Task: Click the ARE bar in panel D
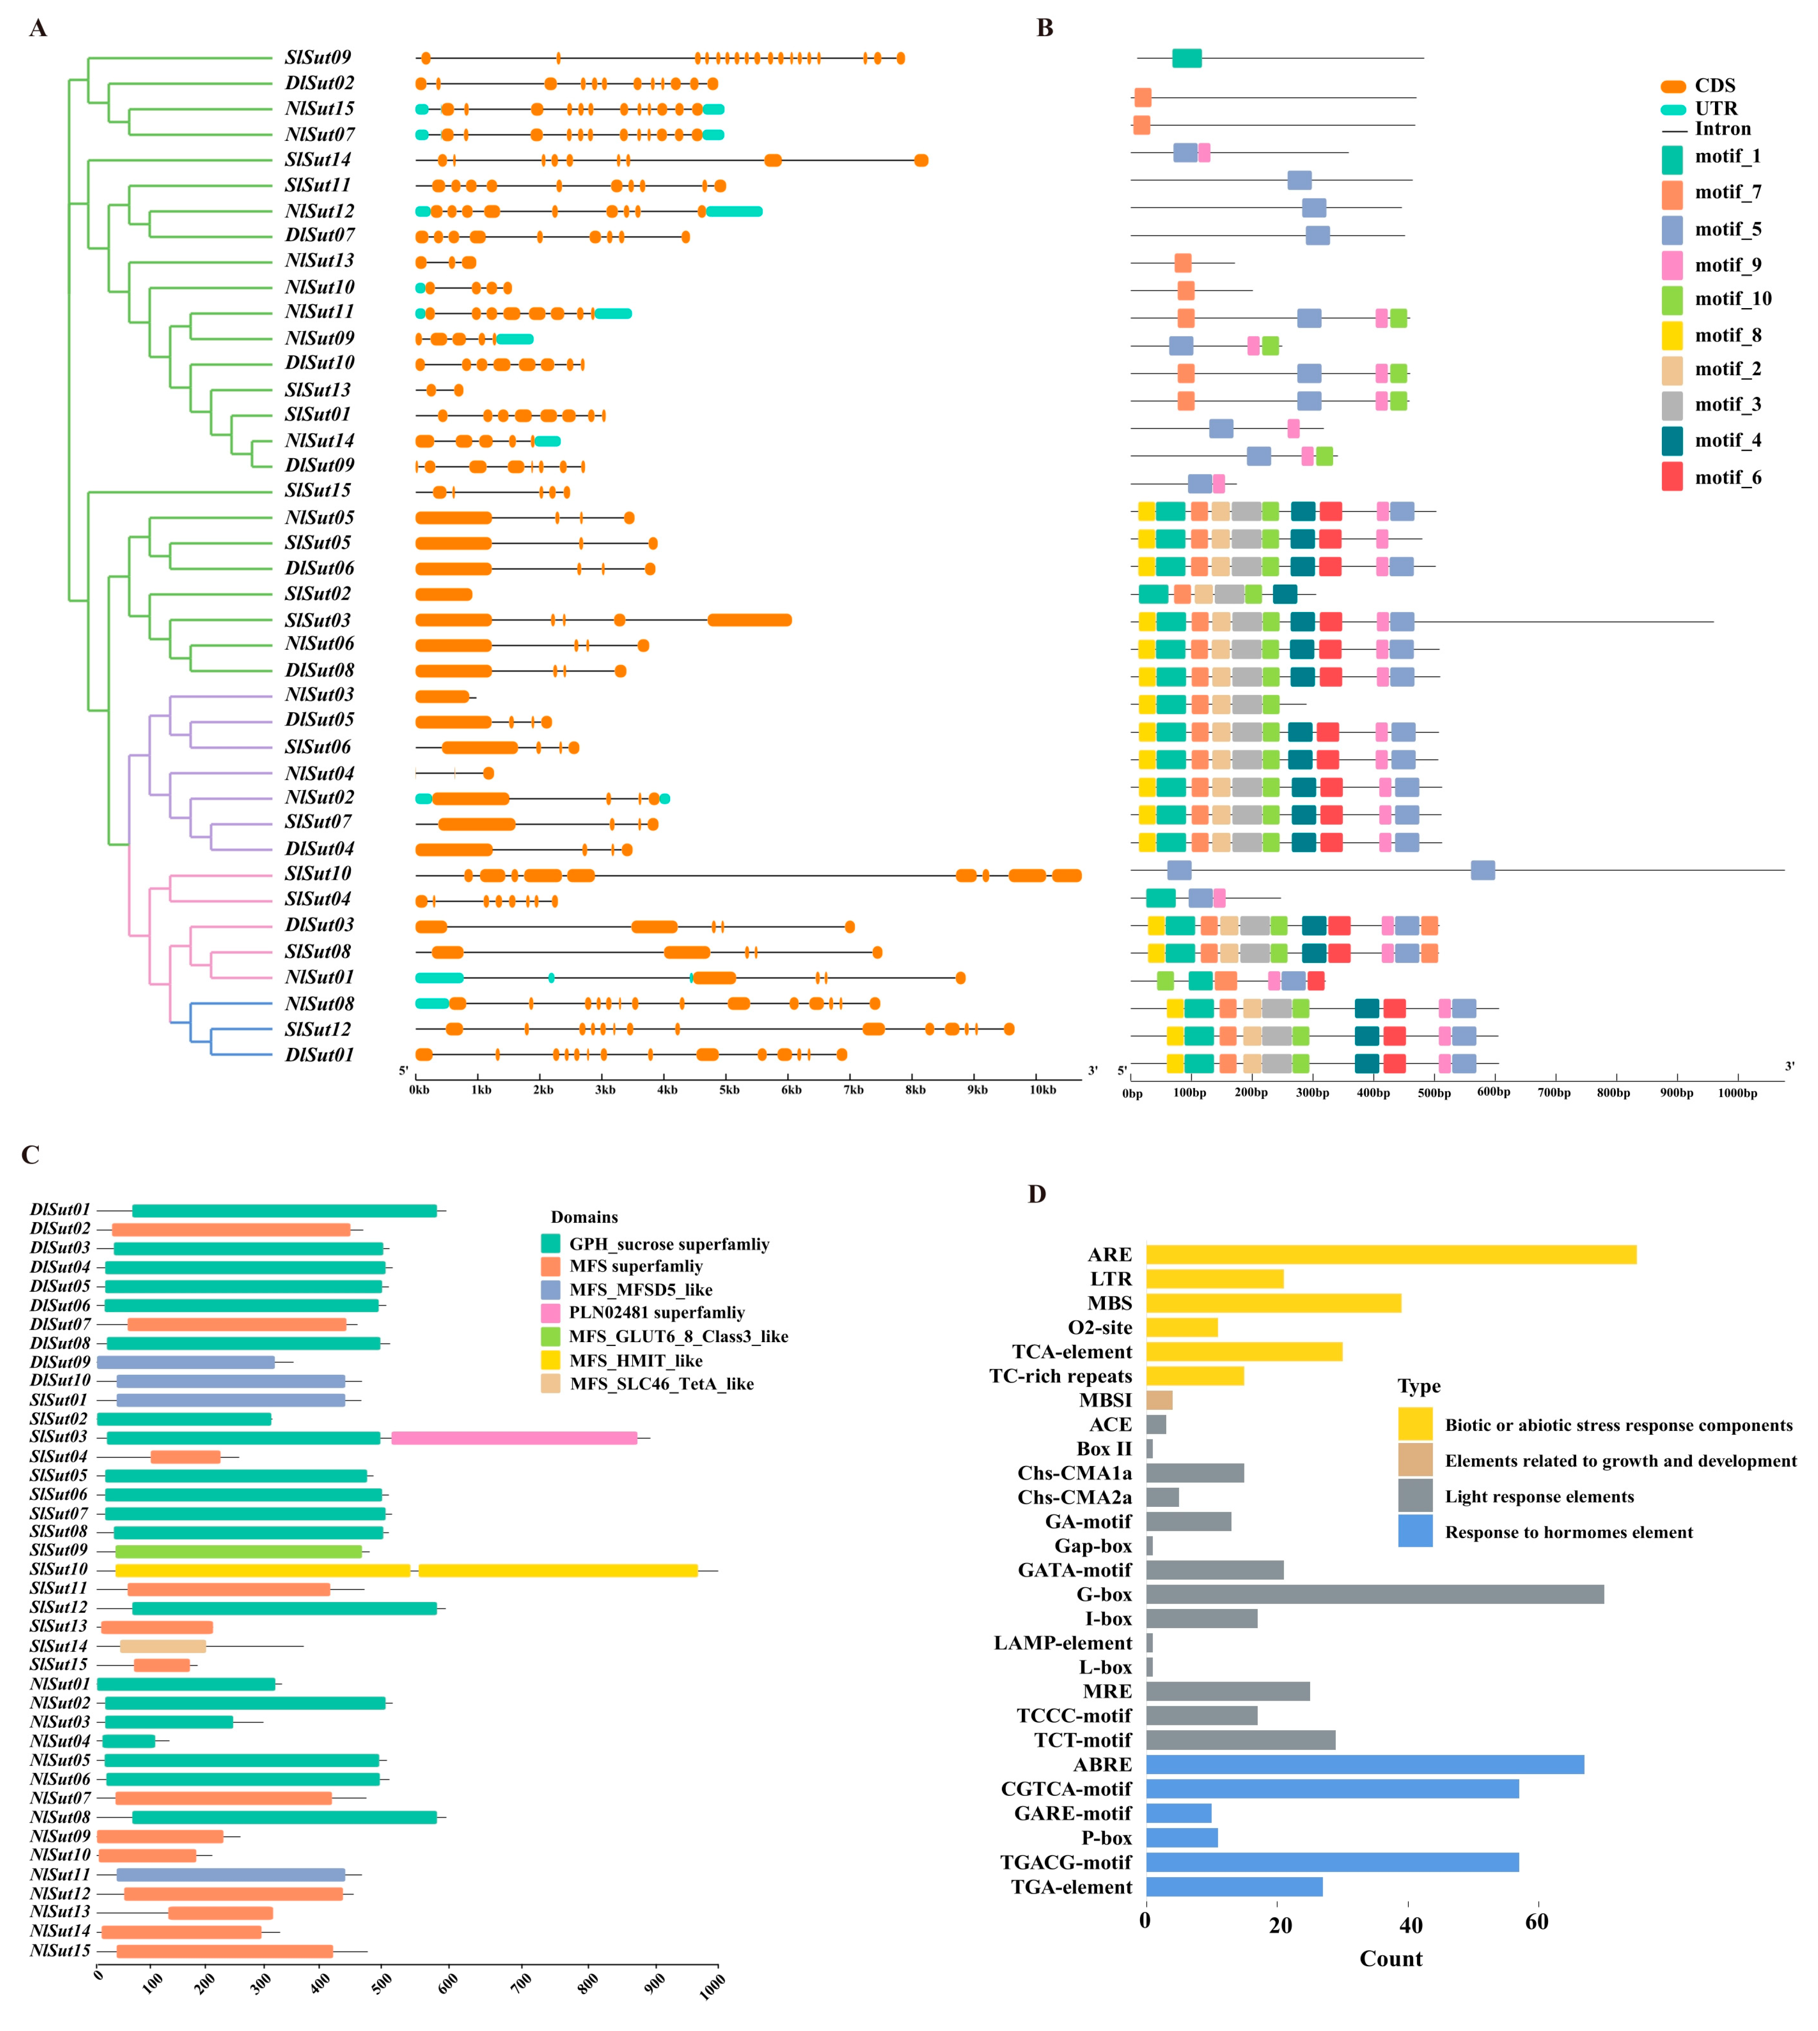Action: point(1391,1254)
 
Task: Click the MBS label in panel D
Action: point(1110,1303)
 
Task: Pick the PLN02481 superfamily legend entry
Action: point(656,1312)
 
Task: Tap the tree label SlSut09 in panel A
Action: point(318,58)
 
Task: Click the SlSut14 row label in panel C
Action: point(59,1645)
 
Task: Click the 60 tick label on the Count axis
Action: point(1536,1922)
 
